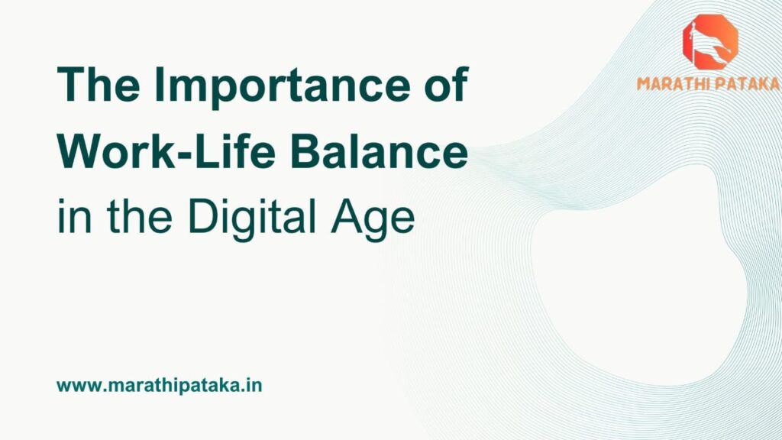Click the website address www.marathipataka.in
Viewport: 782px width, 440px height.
160,385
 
